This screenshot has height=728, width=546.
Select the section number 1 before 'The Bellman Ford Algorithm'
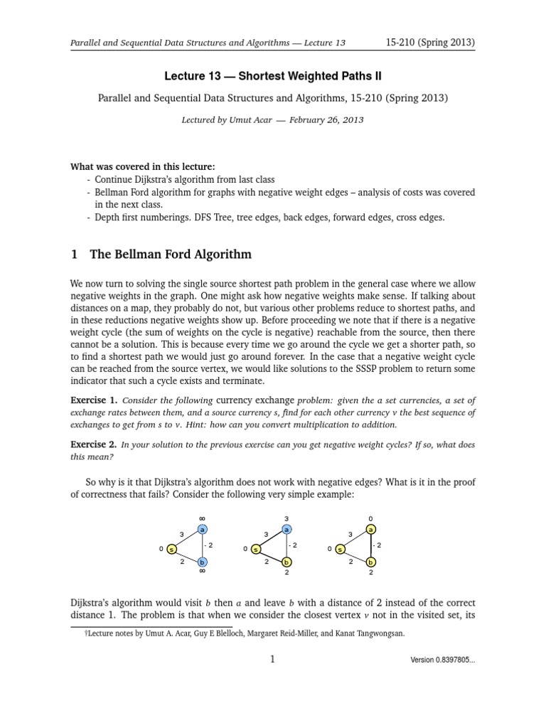tap(73, 254)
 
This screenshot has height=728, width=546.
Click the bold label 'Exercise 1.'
tap(93, 400)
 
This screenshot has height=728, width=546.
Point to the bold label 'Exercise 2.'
tap(93, 444)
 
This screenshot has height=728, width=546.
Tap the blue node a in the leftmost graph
tap(203, 530)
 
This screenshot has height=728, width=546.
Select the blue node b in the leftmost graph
tap(203, 562)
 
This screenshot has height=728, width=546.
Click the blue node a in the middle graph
tap(287, 530)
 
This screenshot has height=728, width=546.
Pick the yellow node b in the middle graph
tap(287, 562)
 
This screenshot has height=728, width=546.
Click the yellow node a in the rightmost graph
tap(371, 530)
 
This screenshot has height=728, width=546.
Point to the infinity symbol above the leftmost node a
tap(203, 518)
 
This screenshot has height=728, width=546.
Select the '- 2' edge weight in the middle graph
tap(293, 545)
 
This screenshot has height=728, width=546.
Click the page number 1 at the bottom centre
tap(272, 659)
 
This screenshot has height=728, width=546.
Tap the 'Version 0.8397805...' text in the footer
tap(442, 660)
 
